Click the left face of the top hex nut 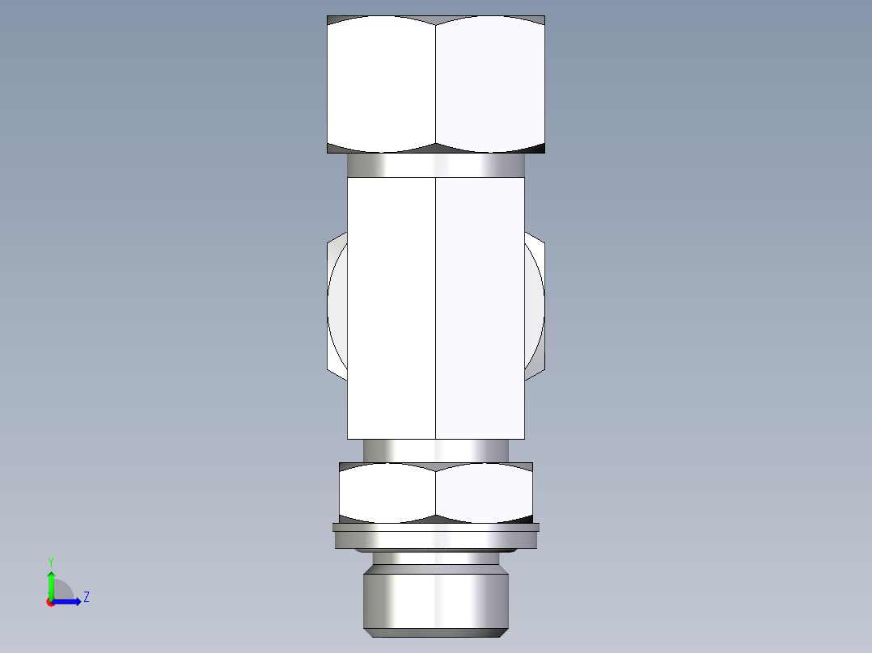pyautogui.click(x=381, y=85)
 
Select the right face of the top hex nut pyautogui.click(x=489, y=85)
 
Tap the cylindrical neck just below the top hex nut pyautogui.click(x=436, y=165)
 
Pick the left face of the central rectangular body pyautogui.click(x=392, y=307)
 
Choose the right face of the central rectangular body pyautogui.click(x=480, y=307)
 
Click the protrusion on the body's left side pyautogui.click(x=337, y=307)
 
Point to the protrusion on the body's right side pyautogui.click(x=535, y=307)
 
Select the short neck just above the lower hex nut pyautogui.click(x=436, y=450)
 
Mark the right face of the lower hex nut pyautogui.click(x=484, y=491)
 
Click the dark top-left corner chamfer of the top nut pyautogui.click(x=332, y=20)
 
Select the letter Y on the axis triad pyautogui.click(x=50, y=561)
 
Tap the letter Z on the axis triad pyautogui.click(x=87, y=597)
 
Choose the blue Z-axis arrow pyautogui.click(x=70, y=601)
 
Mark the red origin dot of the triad pyautogui.click(x=51, y=602)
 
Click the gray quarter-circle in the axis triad pyautogui.click(x=62, y=591)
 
